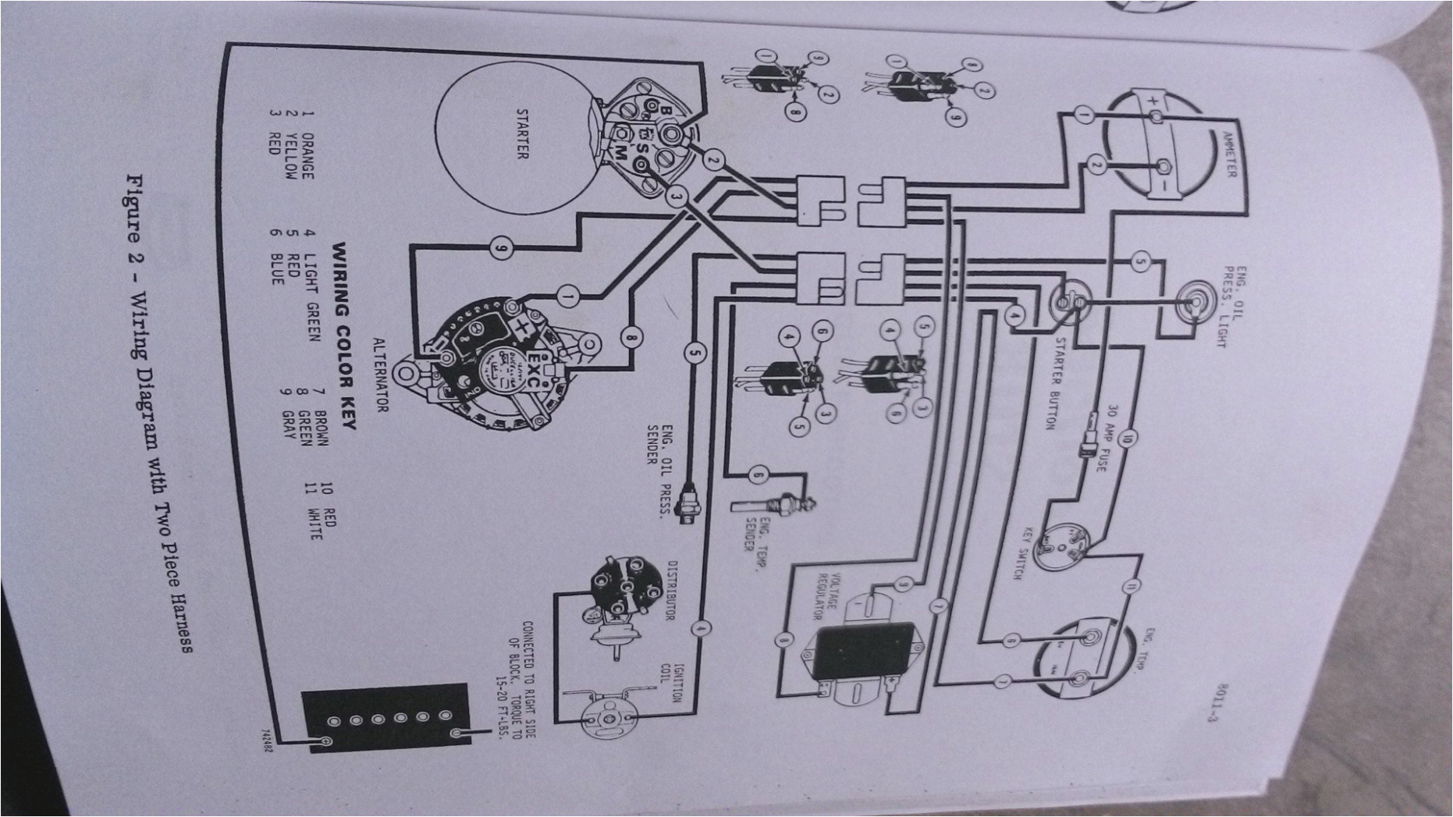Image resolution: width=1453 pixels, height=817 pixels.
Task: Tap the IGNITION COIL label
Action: point(670,678)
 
